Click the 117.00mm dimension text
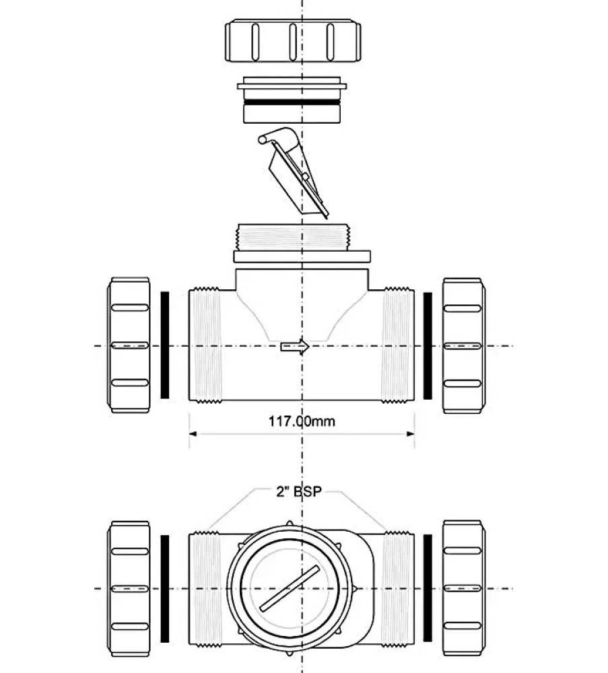pyautogui.click(x=301, y=422)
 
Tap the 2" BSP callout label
pyautogui.click(x=297, y=492)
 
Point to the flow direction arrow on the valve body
pyautogui.click(x=294, y=347)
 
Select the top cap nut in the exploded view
pyautogui.click(x=292, y=42)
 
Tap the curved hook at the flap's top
pyautogui.click(x=273, y=138)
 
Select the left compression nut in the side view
pyautogui.click(x=129, y=345)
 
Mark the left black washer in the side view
pyautogui.click(x=164, y=345)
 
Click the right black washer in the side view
pyautogui.click(x=428, y=345)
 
